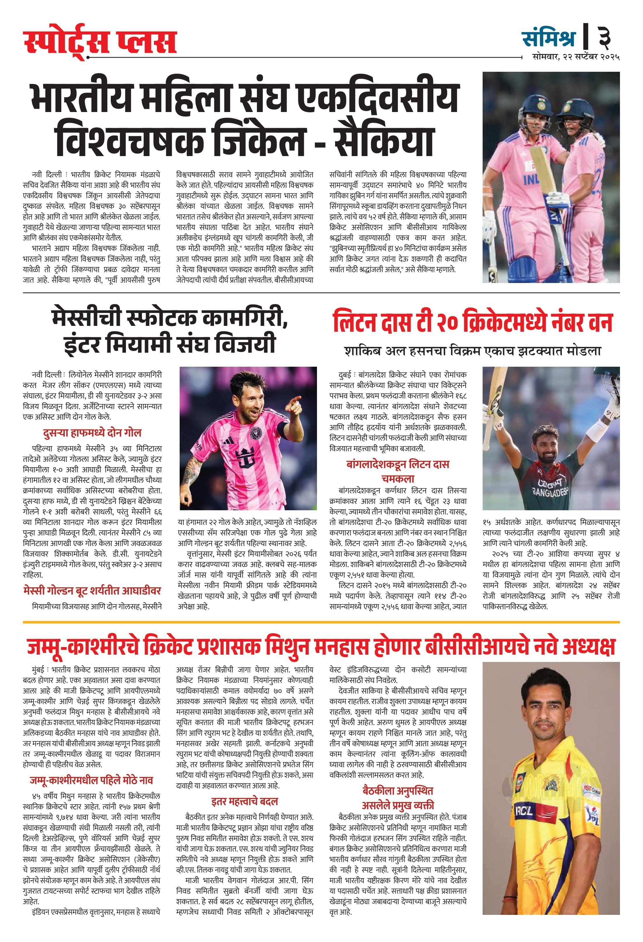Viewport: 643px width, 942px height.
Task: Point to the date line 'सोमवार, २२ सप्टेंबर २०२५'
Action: pyautogui.click(x=576, y=57)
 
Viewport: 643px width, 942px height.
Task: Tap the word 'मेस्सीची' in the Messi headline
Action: pyautogui.click(x=89, y=318)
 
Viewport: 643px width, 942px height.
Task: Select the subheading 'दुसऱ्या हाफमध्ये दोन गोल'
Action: pyautogui.click(x=92, y=433)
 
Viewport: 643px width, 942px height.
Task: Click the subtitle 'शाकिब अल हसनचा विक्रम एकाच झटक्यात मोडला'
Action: pyautogui.click(x=472, y=351)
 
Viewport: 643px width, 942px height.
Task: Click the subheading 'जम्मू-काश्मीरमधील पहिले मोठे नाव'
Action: pyautogui.click(x=92, y=780)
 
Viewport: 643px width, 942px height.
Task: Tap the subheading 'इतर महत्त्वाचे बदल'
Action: pyautogui.click(x=244, y=801)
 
